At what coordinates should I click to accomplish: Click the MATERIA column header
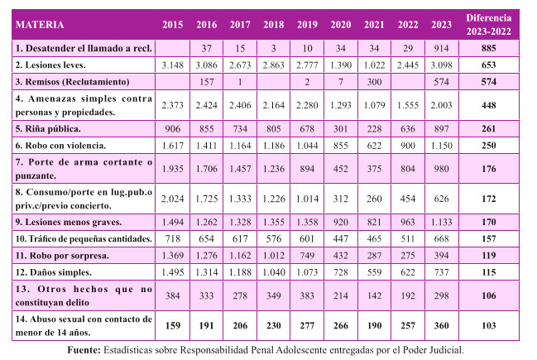point(41,25)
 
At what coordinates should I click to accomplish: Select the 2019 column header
point(305,25)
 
